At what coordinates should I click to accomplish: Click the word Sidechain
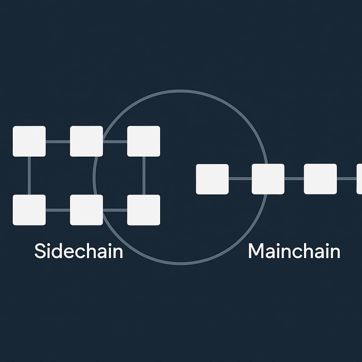[x=78, y=251]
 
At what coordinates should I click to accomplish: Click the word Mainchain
[x=294, y=251]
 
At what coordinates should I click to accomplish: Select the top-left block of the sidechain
[x=29, y=141]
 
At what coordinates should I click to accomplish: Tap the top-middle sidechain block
[x=86, y=141]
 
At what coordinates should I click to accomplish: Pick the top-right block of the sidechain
[x=144, y=141]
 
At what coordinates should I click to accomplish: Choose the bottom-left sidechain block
[x=29, y=210]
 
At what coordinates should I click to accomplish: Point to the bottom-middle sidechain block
[x=86, y=210]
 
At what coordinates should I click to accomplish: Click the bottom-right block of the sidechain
[x=144, y=210]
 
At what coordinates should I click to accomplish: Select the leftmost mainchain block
[x=212, y=179]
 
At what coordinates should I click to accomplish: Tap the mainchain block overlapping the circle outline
[x=268, y=179]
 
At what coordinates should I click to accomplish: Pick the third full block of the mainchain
[x=320, y=179]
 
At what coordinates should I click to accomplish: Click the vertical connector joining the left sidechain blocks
[x=29, y=175]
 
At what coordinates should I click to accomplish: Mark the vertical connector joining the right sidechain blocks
[x=144, y=175]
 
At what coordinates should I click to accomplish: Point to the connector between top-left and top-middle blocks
[x=58, y=141]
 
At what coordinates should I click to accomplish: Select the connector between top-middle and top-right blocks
[x=115, y=141]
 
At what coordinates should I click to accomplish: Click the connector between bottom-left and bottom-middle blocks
[x=58, y=210]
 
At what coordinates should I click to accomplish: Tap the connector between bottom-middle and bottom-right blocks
[x=115, y=210]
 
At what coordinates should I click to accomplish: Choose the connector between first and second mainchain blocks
[x=240, y=179]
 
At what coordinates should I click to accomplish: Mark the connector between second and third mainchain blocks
[x=294, y=179]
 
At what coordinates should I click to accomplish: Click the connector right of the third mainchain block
[x=346, y=179]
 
